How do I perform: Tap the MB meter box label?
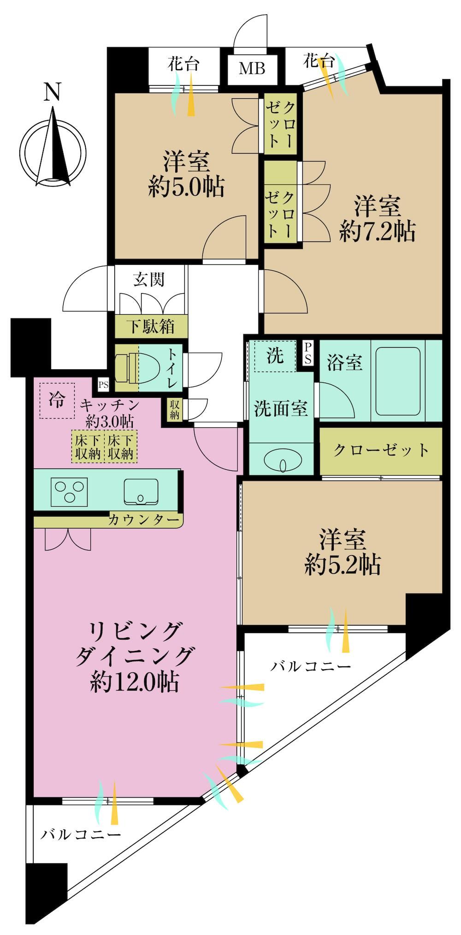252,68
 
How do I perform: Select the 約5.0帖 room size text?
186,188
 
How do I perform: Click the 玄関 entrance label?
149,279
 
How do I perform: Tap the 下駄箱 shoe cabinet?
151,327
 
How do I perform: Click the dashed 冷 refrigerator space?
57,401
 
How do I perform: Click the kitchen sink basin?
141,491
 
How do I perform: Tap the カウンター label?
143,520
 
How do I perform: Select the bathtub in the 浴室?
398,381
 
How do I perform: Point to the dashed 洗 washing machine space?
276,356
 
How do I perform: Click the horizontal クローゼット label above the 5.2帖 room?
381,450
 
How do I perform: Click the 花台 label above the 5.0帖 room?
183,63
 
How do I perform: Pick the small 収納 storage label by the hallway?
174,409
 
